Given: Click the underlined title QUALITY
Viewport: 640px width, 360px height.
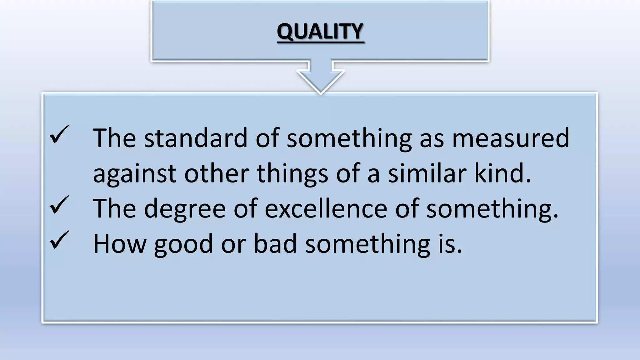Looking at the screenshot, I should tap(320, 32).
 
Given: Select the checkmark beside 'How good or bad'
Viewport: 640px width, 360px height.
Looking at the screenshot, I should tap(59, 240).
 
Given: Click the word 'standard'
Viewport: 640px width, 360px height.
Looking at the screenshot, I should tap(196, 138).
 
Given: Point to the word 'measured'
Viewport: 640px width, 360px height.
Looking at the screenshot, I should tap(511, 138).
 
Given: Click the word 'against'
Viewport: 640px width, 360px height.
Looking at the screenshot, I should tap(135, 174).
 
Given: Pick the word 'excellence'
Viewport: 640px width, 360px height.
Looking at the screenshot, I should tap(326, 208).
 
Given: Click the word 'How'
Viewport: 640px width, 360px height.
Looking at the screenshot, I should tap(120, 244).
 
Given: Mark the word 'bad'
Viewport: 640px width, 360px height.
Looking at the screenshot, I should tap(275, 244).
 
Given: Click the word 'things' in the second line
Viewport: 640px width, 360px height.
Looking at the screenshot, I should tap(292, 174).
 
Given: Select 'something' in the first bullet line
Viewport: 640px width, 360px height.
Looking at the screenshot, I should tap(349, 139).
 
